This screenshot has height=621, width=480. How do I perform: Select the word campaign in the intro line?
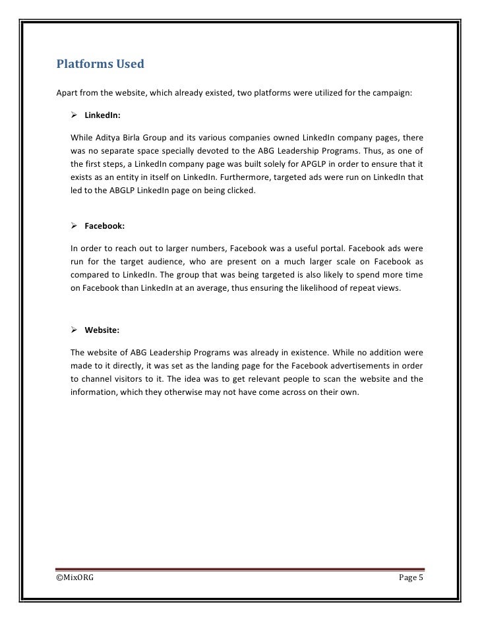(393, 93)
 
